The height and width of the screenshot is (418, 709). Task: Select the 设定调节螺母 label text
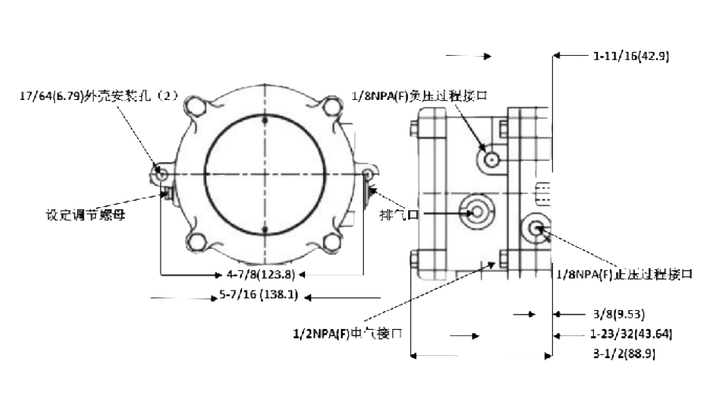86,213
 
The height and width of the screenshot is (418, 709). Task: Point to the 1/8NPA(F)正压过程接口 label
624,274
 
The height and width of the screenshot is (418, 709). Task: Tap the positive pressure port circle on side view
536,228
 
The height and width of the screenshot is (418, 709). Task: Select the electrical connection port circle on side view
477,211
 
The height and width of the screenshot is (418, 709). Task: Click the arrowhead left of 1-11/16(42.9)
556,56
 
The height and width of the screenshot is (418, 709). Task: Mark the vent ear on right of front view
368,172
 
